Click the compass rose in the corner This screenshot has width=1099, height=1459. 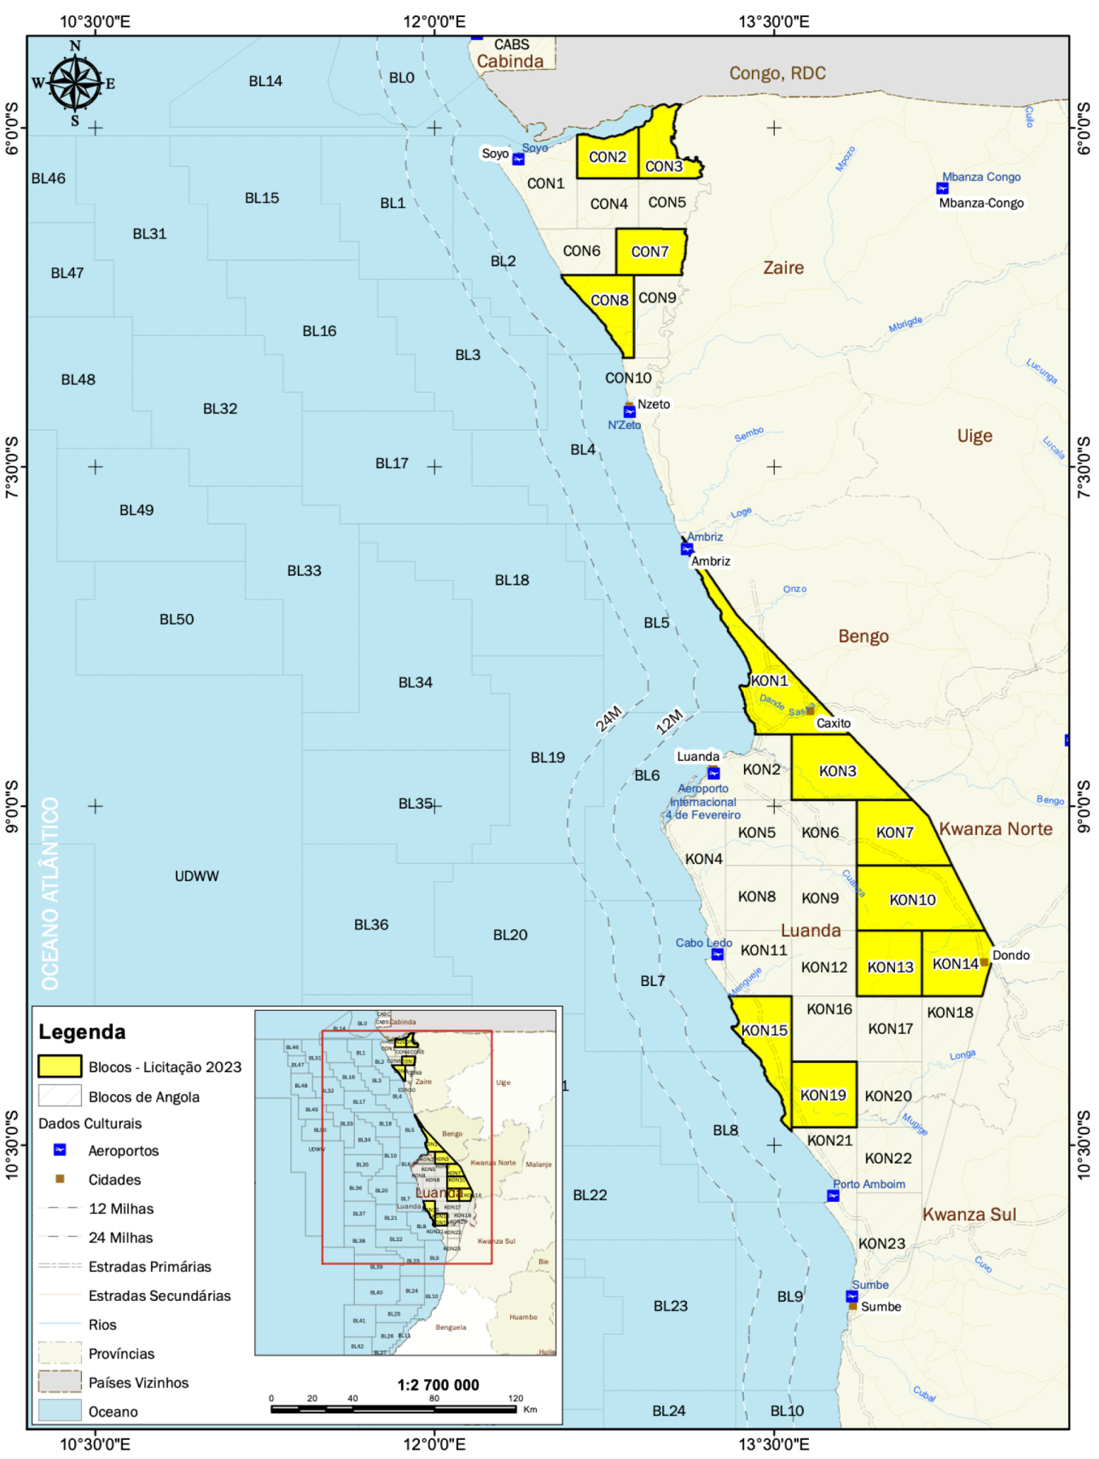pyautogui.click(x=74, y=84)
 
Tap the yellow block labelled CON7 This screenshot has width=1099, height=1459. pyautogui.click(x=650, y=251)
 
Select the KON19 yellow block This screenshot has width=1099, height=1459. pyautogui.click(x=823, y=1094)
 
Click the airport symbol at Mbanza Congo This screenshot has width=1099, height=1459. pyautogui.click(x=942, y=189)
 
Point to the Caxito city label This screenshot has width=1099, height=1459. pyautogui.click(x=833, y=723)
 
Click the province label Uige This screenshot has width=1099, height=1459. pyautogui.click(x=974, y=436)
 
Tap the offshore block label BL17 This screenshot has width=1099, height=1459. pyautogui.click(x=392, y=464)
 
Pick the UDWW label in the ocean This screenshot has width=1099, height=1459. pyautogui.click(x=197, y=876)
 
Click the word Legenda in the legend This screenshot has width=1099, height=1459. pyautogui.click(x=82, y=1032)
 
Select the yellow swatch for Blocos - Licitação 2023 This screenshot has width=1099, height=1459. pyautogui.click(x=60, y=1066)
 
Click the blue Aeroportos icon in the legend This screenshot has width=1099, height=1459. pyautogui.click(x=61, y=1150)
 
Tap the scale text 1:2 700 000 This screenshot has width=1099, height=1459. pyautogui.click(x=438, y=1385)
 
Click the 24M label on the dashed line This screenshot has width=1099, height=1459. pyautogui.click(x=609, y=719)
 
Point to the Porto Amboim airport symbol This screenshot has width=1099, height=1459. pyautogui.click(x=832, y=1195)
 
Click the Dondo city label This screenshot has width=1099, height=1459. pyautogui.click(x=1011, y=955)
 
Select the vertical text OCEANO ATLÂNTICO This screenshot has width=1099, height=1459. pyautogui.click(x=50, y=893)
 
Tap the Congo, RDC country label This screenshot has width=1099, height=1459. pyautogui.click(x=777, y=73)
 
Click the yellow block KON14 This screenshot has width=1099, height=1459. pyautogui.click(x=955, y=964)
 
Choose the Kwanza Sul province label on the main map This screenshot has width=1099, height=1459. pyautogui.click(x=969, y=1215)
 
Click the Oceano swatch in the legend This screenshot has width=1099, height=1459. pyautogui.click(x=60, y=1411)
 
